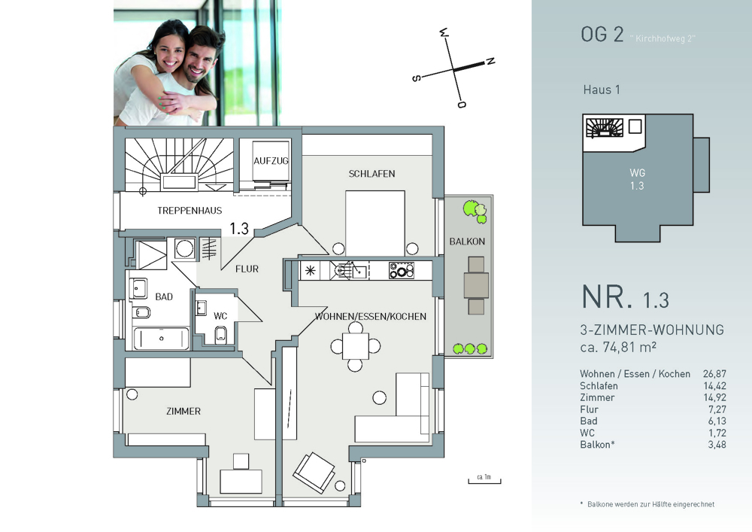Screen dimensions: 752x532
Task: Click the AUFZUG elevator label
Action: click(x=271, y=161)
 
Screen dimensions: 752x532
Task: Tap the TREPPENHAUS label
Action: click(x=190, y=210)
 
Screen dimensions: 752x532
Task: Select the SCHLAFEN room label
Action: click(x=371, y=174)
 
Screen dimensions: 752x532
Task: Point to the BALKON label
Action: click(x=467, y=242)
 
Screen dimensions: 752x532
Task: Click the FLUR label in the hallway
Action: click(x=247, y=269)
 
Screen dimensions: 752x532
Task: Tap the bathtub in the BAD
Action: click(x=161, y=338)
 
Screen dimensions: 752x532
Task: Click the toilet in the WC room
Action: click(x=220, y=335)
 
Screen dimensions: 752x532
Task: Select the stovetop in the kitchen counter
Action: click(x=402, y=271)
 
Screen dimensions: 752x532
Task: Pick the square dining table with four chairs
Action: click(x=356, y=346)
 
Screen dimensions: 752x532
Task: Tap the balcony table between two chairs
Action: click(x=476, y=285)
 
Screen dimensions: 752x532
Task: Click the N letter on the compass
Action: click(x=490, y=62)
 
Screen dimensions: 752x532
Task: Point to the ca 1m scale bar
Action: click(x=484, y=481)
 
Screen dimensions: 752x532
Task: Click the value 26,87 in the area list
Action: click(x=714, y=374)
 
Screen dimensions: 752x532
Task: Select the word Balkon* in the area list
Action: click(x=597, y=445)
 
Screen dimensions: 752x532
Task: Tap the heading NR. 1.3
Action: click(x=626, y=297)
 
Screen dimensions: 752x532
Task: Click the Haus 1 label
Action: click(x=602, y=90)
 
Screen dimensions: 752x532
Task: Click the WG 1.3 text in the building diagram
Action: click(x=638, y=179)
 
